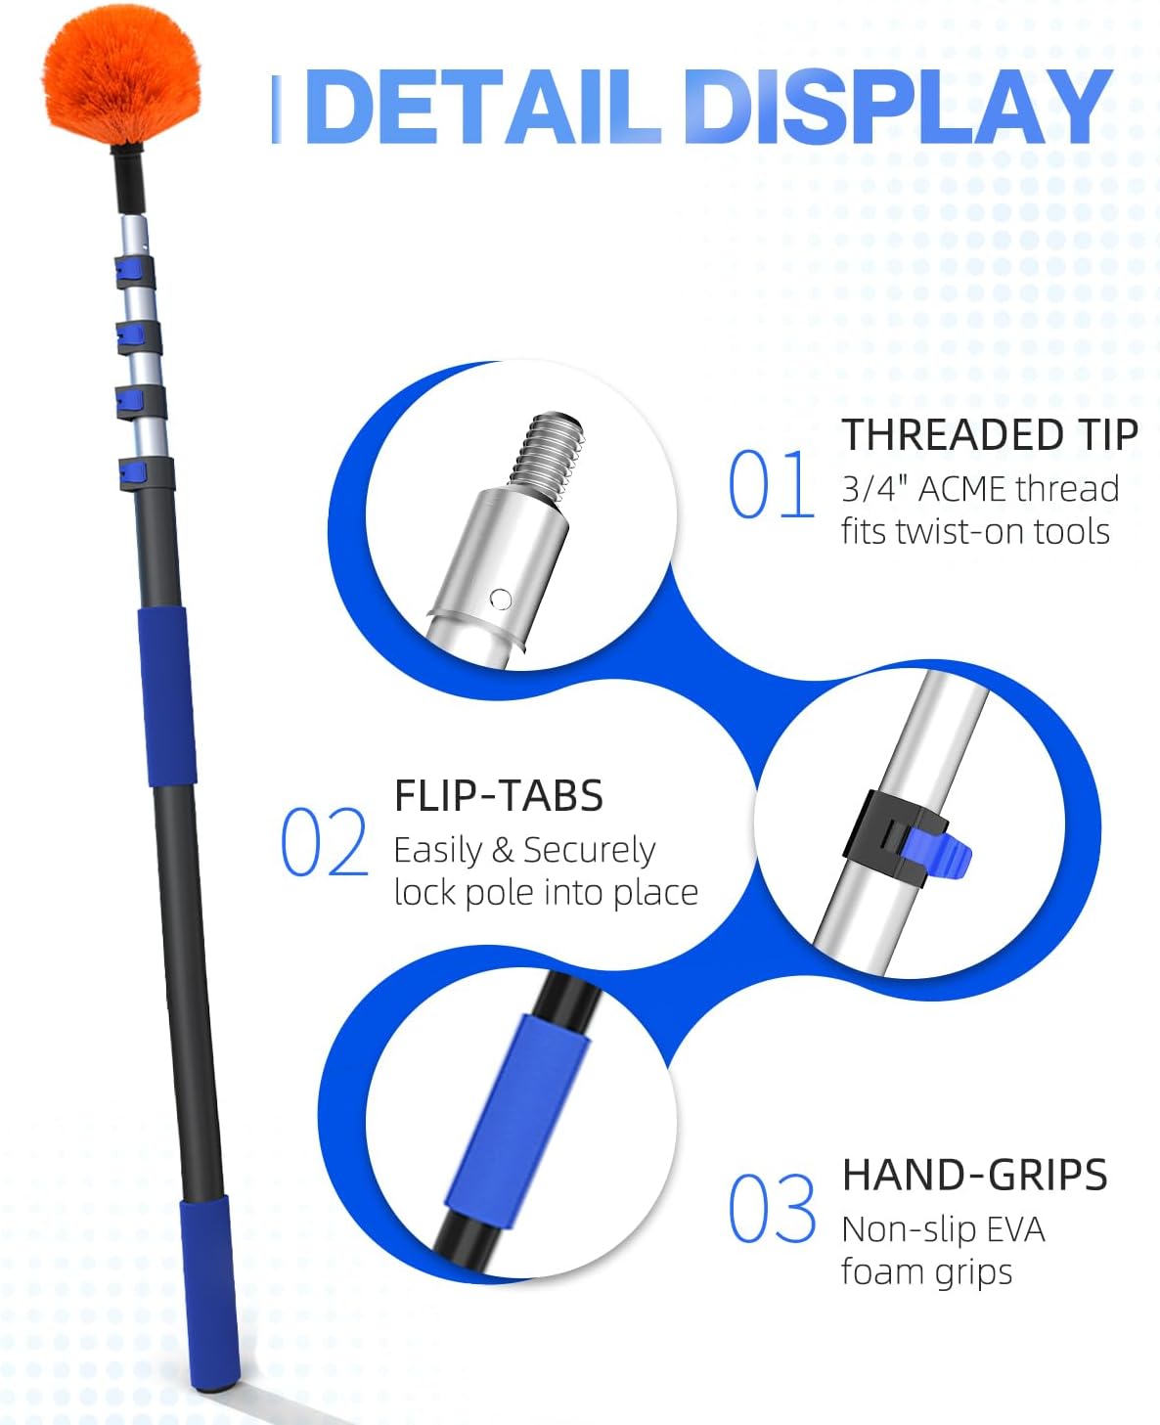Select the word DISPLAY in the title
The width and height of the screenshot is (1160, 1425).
point(897,107)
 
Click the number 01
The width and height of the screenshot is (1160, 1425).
point(771,483)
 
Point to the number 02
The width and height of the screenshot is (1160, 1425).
point(325,841)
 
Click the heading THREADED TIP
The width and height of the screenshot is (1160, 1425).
point(990,435)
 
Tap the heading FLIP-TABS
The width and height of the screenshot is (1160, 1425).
point(499,795)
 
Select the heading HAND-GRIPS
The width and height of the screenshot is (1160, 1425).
point(975,1175)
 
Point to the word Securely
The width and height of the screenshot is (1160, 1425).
point(589,852)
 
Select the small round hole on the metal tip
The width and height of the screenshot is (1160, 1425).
point(501,599)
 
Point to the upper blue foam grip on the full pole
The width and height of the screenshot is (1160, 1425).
point(167,697)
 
